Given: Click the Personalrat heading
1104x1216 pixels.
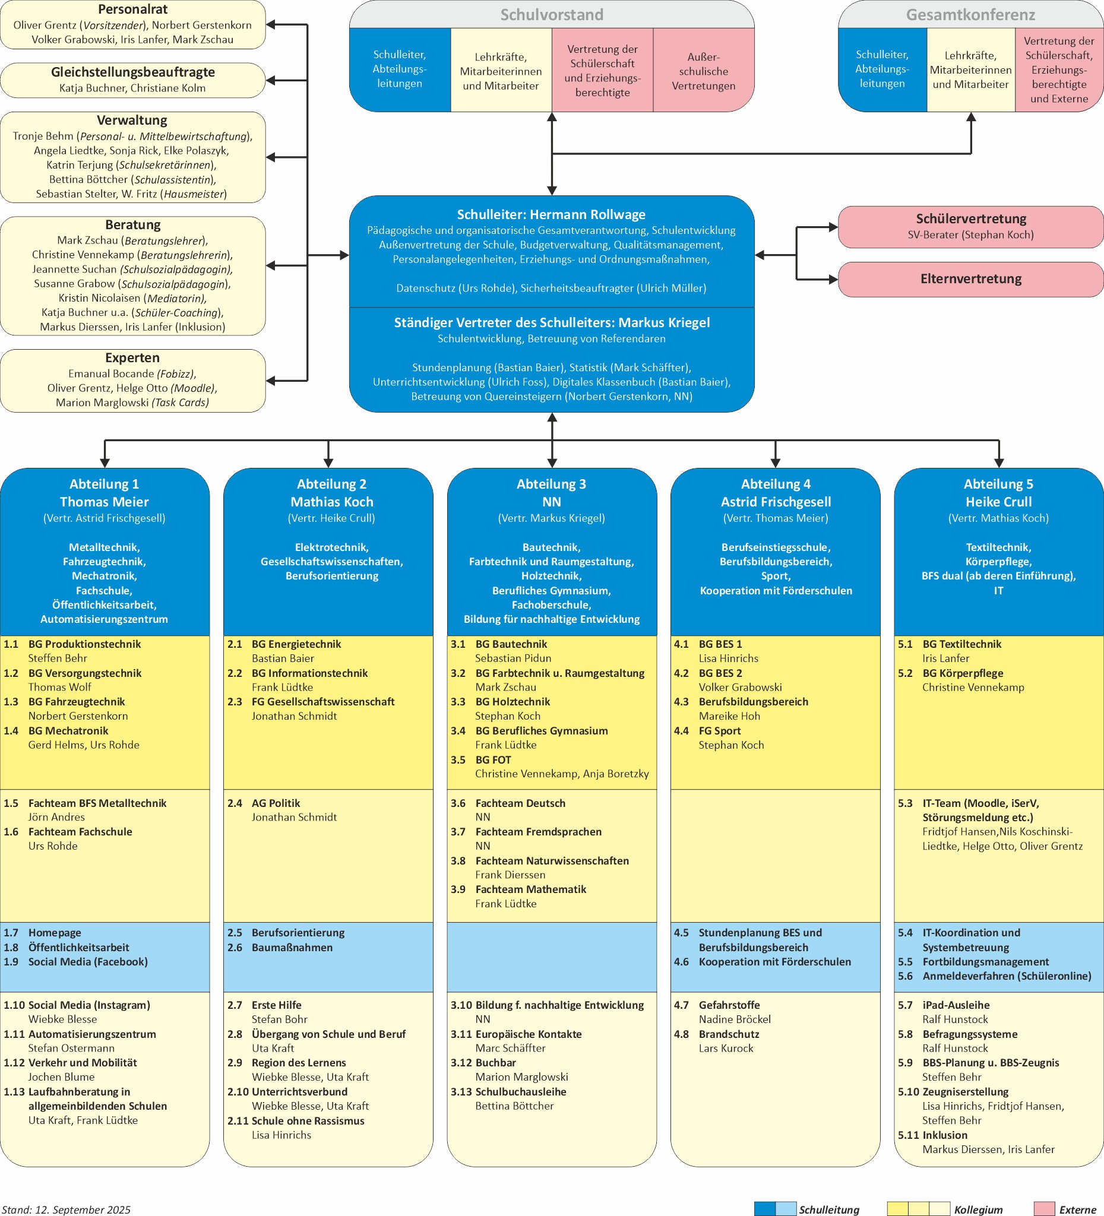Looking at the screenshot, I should (132, 9).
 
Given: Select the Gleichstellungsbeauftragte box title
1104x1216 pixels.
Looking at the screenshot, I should (132, 72).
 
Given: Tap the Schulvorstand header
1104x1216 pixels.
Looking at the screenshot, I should (551, 14).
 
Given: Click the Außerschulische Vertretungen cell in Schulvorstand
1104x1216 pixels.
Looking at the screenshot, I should (703, 71).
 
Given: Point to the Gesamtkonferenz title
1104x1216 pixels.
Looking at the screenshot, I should (970, 14).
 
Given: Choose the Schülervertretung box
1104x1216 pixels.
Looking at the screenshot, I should (970, 226).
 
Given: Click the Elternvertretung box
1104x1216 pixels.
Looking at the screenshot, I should (970, 278).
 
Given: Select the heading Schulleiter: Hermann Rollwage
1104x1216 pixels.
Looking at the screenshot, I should (551, 215).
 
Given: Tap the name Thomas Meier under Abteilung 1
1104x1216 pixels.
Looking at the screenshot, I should (105, 502).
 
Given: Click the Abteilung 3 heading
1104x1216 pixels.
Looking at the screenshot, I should (551, 484).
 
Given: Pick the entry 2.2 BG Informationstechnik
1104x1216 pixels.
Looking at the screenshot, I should (309, 673).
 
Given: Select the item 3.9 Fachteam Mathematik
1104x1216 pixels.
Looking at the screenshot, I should (530, 889).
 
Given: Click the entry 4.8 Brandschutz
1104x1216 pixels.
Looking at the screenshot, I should (729, 1034).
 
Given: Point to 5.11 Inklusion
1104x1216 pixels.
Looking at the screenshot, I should (944, 1135).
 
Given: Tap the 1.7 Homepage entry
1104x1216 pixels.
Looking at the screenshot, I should (54, 933).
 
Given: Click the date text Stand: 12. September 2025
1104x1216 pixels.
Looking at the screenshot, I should (67, 1209).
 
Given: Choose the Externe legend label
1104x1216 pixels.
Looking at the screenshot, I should (1077, 1209).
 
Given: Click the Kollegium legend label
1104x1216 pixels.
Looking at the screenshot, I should (978, 1209).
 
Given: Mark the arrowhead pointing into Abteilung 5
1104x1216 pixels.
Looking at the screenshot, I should (998, 463).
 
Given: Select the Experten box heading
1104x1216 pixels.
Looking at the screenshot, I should (132, 357).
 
